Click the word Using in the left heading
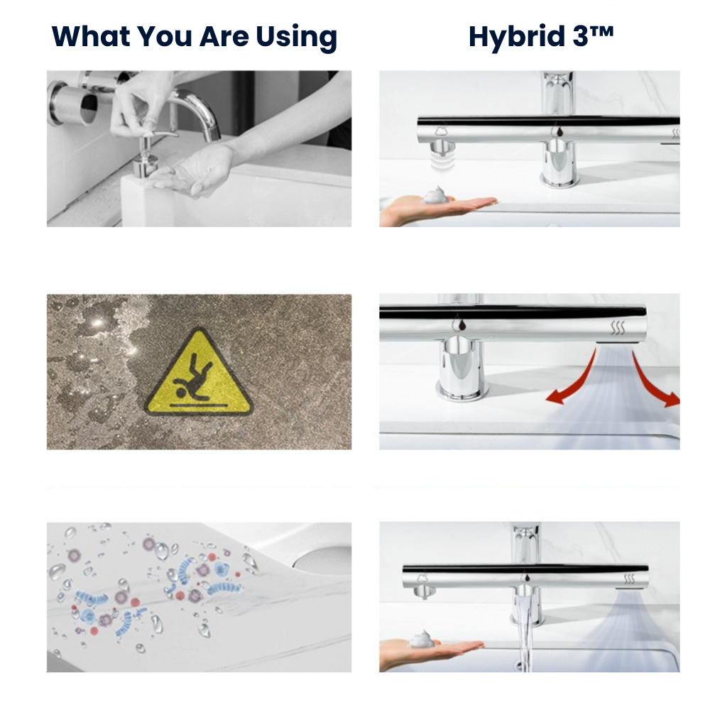[x=297, y=37]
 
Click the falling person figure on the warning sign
[x=193, y=377]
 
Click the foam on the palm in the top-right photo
[x=435, y=195]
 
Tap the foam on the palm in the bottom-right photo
[x=421, y=639]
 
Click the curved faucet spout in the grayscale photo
[x=200, y=111]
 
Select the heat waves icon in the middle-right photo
[x=617, y=327]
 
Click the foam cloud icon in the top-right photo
[x=441, y=131]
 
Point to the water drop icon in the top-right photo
[x=559, y=131]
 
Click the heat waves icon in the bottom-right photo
[x=629, y=578]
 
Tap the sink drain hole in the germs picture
[x=322, y=558]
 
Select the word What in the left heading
[x=92, y=36]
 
